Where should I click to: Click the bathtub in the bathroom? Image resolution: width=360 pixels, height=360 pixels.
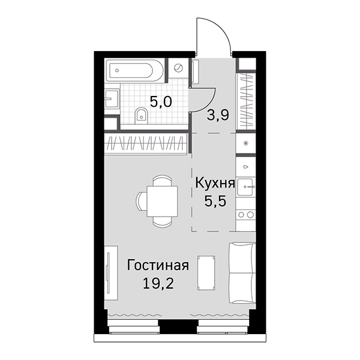134,71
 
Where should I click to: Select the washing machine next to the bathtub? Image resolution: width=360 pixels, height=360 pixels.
179,68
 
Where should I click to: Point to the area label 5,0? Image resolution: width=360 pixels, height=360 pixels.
161,101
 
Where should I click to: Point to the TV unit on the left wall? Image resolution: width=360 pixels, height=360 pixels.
108,271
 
